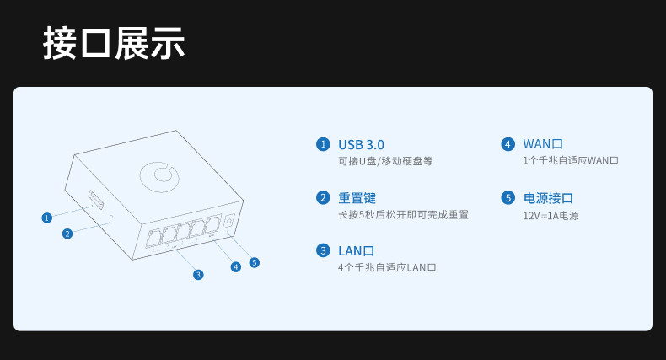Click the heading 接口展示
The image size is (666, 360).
coord(114,44)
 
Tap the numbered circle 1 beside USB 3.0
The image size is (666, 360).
coord(323,144)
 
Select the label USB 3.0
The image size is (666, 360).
coord(361,145)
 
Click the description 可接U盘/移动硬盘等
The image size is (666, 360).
coord(385,161)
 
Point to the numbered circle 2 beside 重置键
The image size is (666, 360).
coord(323,198)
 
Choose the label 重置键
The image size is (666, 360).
coord(357,198)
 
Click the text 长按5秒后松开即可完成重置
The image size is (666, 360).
coord(403,215)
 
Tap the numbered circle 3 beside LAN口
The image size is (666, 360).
coord(323,250)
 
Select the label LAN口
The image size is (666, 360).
coord(357,251)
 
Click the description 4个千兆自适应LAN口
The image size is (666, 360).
coord(387,267)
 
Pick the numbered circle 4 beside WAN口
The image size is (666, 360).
coord(508,144)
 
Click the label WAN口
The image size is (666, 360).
coord(543,145)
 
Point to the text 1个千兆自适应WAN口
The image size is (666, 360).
coord(571,161)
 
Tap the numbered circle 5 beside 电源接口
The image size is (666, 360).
coord(508,198)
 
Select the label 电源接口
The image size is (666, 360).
coord(548,198)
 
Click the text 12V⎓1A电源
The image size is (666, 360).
coord(551,216)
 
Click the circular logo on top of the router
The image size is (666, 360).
coord(159,175)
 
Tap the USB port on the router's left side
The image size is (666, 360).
coord(96,201)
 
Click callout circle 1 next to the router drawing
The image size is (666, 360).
coord(46,218)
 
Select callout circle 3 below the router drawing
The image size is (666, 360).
coord(198,275)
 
